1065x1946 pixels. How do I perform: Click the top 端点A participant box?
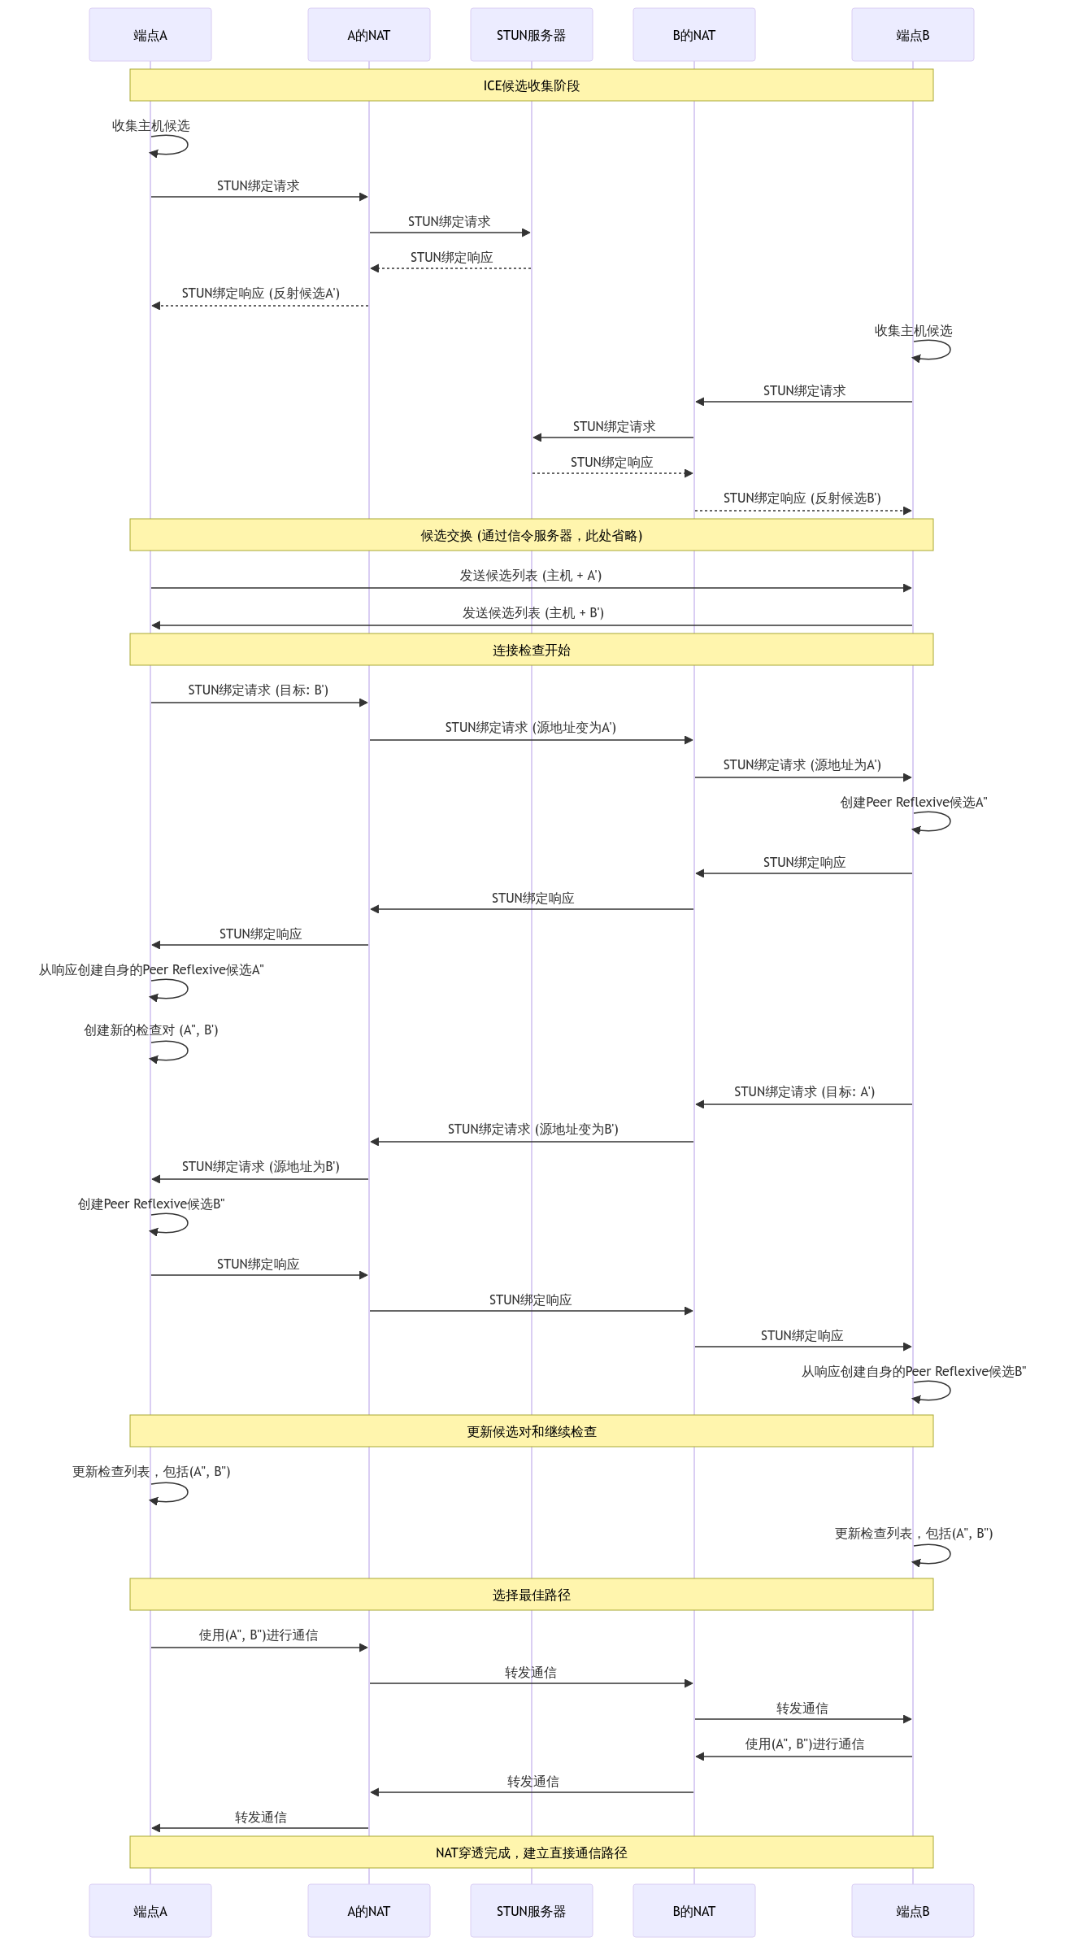150,35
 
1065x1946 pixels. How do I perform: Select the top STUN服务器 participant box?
532,35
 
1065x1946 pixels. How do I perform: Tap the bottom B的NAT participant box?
694,1910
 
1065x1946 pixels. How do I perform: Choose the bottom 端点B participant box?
913,1910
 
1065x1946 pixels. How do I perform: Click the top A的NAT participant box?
369,35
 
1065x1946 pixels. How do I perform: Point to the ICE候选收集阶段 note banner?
532,85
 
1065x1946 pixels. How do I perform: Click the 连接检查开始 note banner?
532,650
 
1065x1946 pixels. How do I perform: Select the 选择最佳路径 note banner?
532,1595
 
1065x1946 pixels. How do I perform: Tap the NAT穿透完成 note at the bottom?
532,1852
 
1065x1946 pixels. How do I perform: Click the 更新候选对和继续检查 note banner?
532,1431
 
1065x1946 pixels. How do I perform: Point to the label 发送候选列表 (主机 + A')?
531,576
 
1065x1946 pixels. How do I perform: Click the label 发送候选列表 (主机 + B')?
533,613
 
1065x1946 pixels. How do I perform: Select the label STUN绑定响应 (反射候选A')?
261,294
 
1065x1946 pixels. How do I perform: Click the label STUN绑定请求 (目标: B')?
259,690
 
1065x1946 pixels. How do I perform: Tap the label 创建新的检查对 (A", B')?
151,1030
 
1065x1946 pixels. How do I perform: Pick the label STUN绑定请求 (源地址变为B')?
533,1130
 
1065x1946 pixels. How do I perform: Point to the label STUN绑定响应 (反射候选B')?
802,498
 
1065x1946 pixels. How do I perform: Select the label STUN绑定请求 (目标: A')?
805,1092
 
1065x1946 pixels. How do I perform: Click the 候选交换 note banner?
532,535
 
